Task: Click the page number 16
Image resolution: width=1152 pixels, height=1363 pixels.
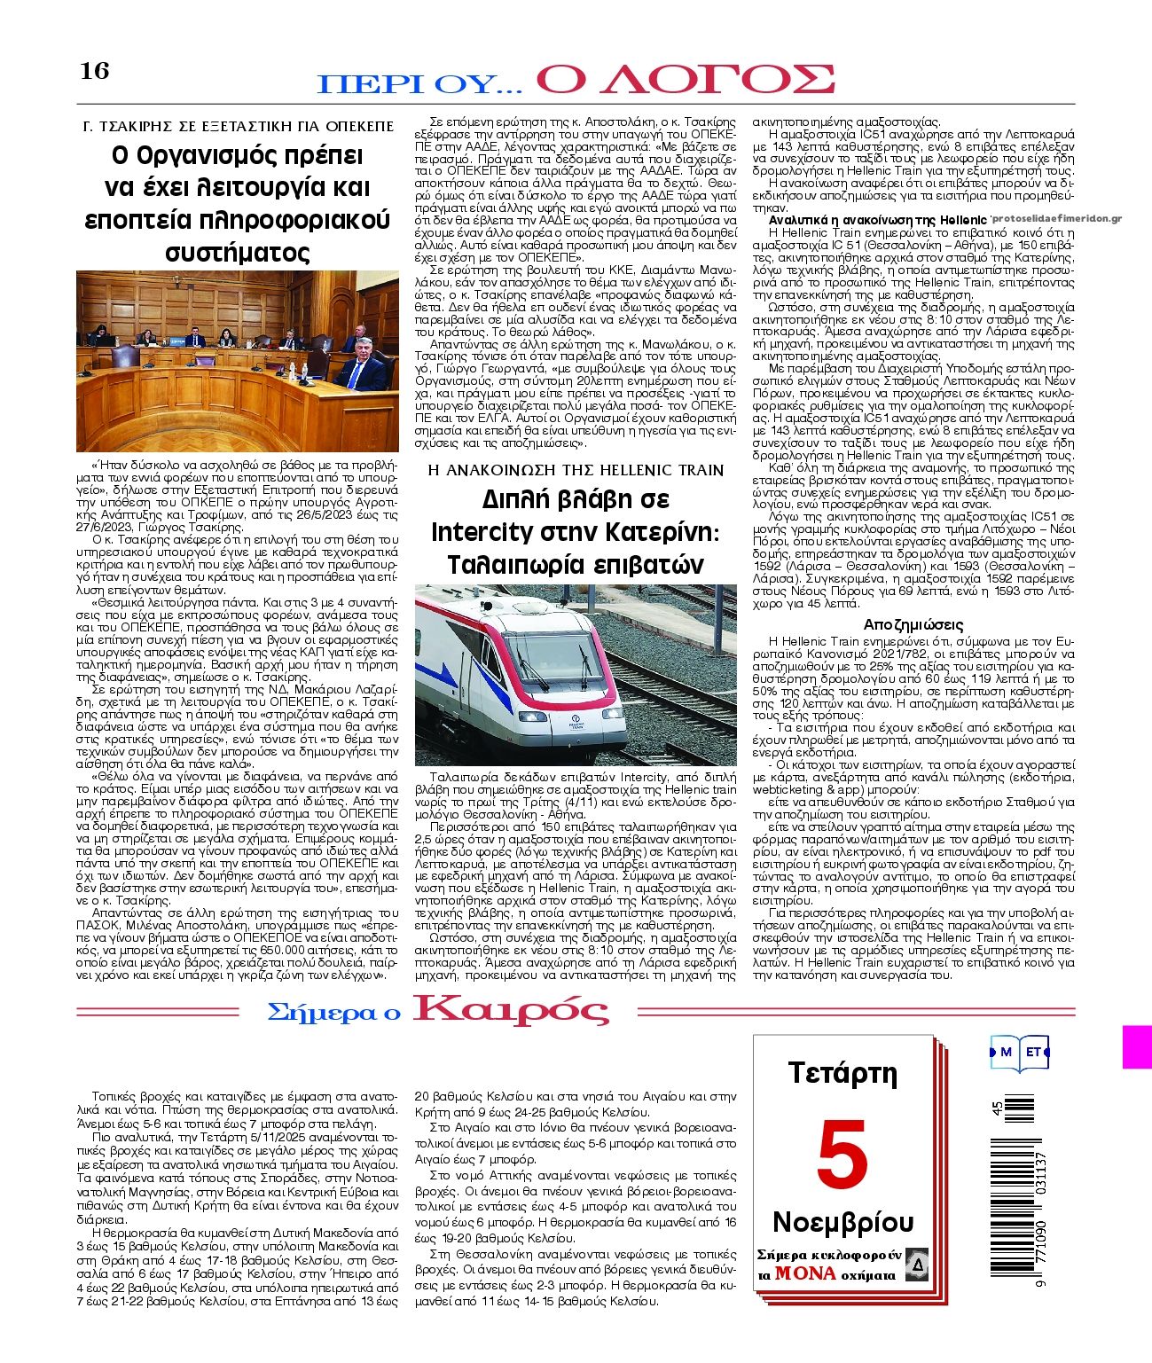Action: pyautogui.click(x=94, y=71)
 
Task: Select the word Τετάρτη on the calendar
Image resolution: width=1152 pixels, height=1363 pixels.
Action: pyautogui.click(x=842, y=1073)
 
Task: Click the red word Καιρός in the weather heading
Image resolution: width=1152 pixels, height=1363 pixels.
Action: pyautogui.click(x=511, y=1011)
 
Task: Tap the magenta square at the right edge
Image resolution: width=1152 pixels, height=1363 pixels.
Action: pyautogui.click(x=1136, y=1047)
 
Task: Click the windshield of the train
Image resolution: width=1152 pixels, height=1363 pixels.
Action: pyautogui.click(x=533, y=655)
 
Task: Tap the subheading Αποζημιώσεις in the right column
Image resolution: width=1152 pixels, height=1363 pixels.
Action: pyautogui.click(x=913, y=624)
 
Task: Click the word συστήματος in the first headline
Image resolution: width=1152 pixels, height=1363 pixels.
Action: pyautogui.click(x=238, y=253)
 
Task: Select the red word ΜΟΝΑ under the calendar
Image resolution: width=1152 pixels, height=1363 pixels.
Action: pyautogui.click(x=805, y=1273)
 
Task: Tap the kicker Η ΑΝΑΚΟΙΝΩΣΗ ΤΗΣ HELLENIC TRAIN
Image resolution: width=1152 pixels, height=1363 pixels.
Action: pyautogui.click(x=576, y=469)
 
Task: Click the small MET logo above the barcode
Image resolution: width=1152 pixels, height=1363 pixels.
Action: pyautogui.click(x=1020, y=1052)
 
